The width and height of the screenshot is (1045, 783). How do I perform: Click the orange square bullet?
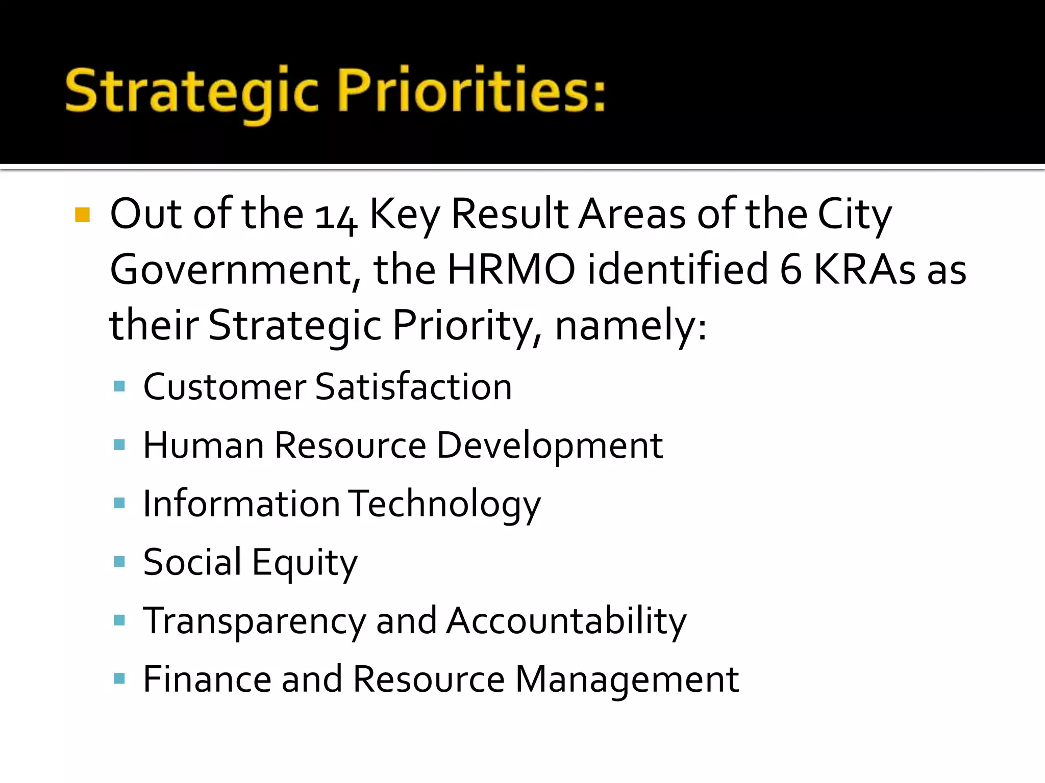tap(82, 215)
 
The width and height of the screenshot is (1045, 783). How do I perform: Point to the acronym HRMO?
tap(511, 269)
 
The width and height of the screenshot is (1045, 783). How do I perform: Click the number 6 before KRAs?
tap(791, 269)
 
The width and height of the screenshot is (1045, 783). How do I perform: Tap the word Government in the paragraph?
tap(230, 270)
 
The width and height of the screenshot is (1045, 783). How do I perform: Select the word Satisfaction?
tap(413, 387)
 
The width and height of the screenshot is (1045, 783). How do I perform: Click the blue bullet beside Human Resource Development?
tap(119, 445)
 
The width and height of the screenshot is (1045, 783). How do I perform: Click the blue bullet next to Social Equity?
tap(119, 562)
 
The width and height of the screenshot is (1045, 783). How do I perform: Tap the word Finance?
tap(207, 679)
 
